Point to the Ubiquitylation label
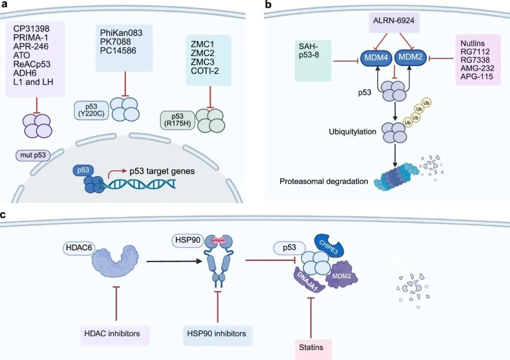click(353, 132)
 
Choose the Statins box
click(311, 348)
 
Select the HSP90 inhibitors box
click(217, 334)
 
